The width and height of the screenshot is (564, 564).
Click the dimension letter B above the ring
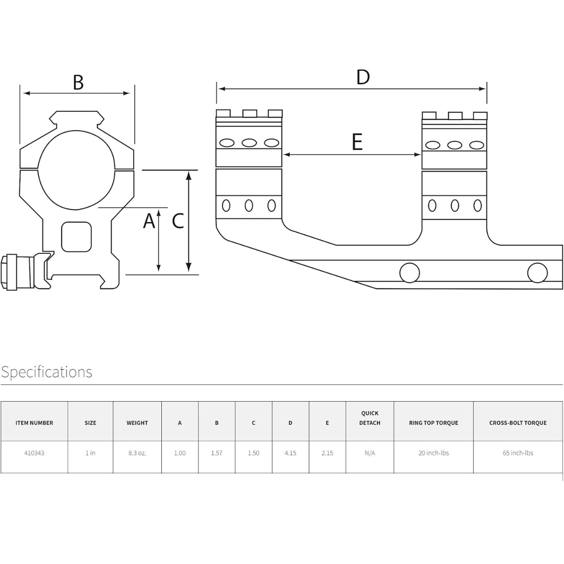(x=78, y=82)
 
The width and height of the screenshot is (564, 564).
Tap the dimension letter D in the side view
(x=363, y=78)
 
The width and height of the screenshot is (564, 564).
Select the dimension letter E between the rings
(x=357, y=142)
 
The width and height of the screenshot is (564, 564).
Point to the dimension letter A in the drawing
(x=149, y=221)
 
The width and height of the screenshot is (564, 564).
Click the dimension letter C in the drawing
(x=178, y=221)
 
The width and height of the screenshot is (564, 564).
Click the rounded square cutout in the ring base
(x=76, y=237)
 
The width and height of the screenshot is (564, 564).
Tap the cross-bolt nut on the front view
(x=18, y=272)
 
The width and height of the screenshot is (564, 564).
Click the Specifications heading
(x=47, y=372)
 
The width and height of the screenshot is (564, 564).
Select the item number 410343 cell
(x=34, y=453)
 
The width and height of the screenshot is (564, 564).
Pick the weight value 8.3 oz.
(x=137, y=453)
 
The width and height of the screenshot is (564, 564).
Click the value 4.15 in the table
(x=290, y=453)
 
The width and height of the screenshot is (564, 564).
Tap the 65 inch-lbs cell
(x=518, y=453)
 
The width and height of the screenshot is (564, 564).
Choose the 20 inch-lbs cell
(x=434, y=453)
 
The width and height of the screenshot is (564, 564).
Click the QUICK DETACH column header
(x=370, y=418)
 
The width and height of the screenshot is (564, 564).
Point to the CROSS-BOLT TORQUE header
(x=518, y=423)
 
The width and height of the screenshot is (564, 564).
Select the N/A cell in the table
(x=370, y=453)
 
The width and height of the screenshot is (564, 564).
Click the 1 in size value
(x=90, y=453)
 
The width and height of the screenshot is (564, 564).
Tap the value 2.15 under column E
(x=327, y=453)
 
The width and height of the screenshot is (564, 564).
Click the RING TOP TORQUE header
(x=434, y=423)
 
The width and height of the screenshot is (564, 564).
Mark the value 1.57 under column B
(x=217, y=453)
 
